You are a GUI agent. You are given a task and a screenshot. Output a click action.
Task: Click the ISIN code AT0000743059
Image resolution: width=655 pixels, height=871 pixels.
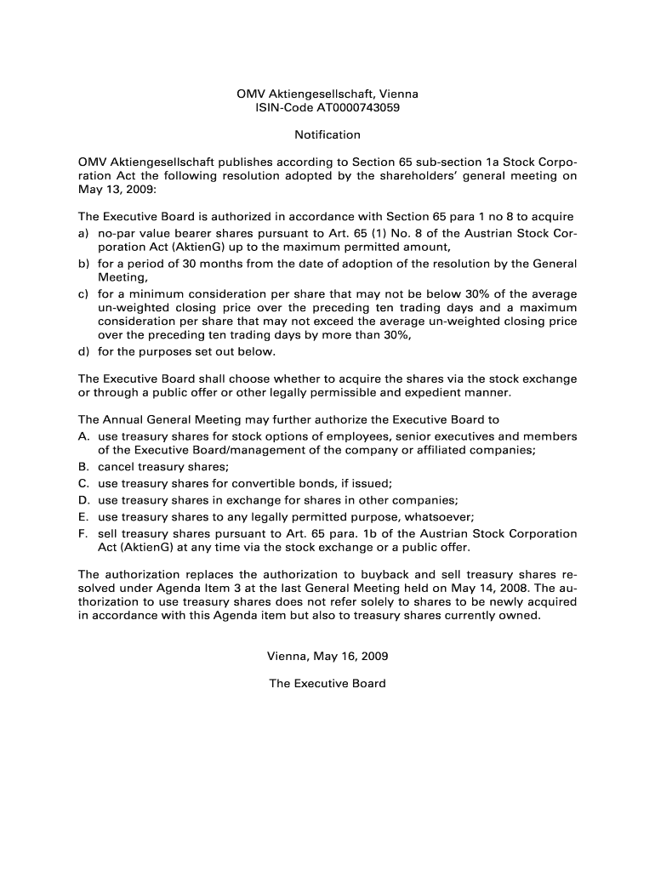[358, 108]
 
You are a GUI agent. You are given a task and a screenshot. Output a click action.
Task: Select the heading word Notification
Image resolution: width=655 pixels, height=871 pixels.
[327, 134]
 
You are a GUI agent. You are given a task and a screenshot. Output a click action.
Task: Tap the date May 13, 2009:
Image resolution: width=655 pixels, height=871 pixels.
[111, 191]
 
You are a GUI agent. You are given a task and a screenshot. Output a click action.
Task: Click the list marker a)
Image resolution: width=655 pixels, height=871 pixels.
[83, 232]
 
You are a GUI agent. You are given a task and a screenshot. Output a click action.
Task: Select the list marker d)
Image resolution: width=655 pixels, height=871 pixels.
[83, 351]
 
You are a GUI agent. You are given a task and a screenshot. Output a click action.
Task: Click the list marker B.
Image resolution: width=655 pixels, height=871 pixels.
[83, 467]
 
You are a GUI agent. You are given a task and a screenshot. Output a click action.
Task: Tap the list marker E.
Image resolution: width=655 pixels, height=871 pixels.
[83, 516]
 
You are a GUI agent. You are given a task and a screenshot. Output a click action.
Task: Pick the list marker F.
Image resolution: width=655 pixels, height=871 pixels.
[83, 533]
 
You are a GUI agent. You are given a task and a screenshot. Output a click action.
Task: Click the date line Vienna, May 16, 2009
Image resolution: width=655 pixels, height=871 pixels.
[327, 656]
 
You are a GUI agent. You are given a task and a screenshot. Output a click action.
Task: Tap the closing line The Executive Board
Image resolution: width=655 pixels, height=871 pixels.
[327, 683]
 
